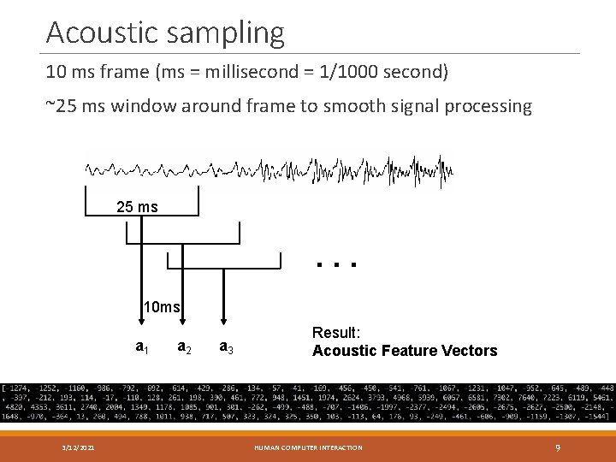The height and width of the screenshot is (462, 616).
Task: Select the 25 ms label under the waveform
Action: [137, 207]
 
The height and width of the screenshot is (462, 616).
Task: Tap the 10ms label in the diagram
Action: [161, 307]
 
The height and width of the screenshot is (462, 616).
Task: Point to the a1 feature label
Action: [143, 346]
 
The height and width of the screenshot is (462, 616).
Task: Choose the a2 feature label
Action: [183, 346]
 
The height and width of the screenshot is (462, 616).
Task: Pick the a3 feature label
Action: [227, 346]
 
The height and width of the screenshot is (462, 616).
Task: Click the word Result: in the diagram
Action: [336, 333]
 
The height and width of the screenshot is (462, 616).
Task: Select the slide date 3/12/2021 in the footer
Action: [78, 447]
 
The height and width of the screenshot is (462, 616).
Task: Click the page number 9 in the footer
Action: [558, 447]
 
